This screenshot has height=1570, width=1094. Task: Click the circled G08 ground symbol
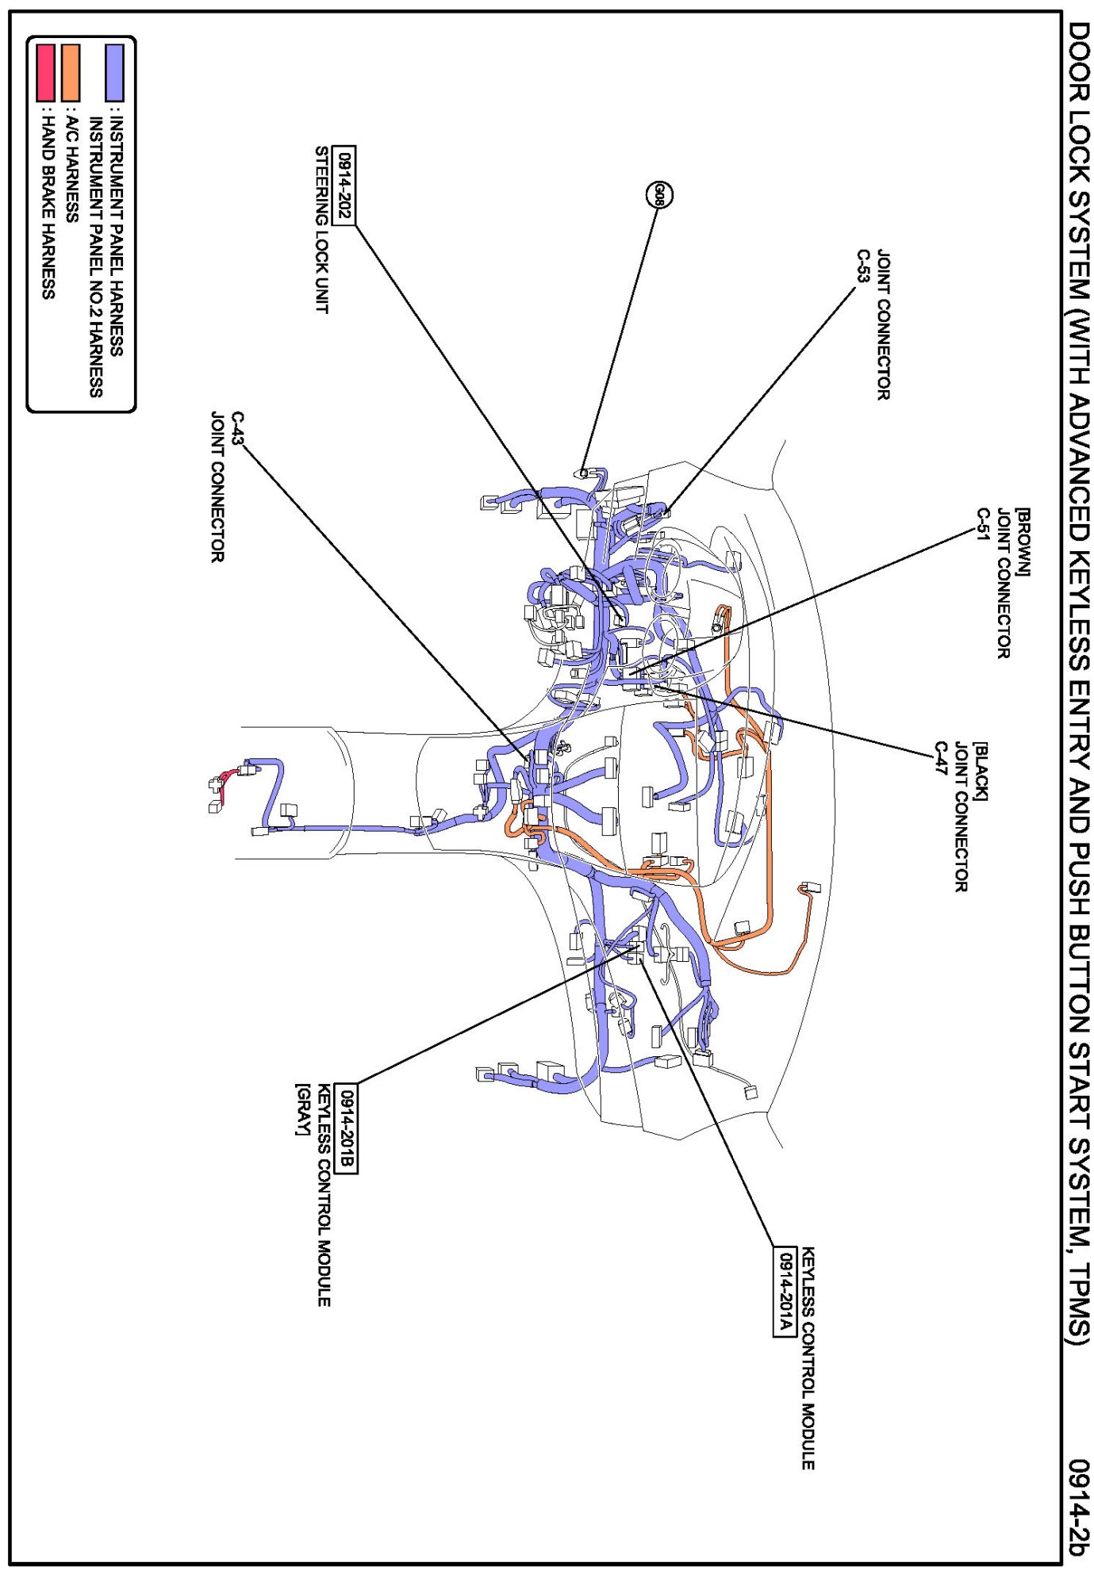point(659,194)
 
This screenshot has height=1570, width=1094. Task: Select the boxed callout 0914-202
point(344,186)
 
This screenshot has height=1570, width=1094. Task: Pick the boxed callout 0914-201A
point(784,1292)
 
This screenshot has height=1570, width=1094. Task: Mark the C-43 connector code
point(237,427)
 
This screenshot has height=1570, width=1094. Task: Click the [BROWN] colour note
point(1023,542)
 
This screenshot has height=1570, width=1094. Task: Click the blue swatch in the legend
point(115,72)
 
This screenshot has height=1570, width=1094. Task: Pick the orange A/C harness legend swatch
point(71,72)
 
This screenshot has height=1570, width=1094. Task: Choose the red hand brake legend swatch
point(46,72)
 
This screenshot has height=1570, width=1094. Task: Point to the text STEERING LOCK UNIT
point(322,229)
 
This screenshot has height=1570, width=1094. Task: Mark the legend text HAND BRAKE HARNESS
point(48,206)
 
